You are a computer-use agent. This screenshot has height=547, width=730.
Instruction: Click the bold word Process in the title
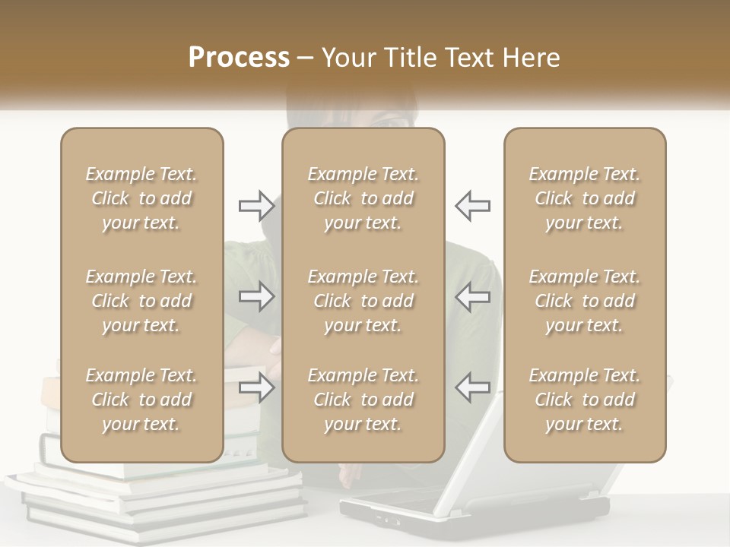click(239, 58)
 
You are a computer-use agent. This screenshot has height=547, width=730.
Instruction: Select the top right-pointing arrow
click(256, 205)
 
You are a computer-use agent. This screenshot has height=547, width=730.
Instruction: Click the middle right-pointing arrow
click(256, 296)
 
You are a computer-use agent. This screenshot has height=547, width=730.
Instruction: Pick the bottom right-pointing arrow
click(256, 388)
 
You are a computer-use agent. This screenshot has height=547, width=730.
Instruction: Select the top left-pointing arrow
click(472, 205)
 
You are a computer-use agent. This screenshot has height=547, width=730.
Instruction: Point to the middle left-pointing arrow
click(472, 296)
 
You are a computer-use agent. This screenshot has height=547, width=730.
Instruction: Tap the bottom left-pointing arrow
click(472, 388)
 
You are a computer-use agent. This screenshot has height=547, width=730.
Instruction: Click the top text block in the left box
click(141, 198)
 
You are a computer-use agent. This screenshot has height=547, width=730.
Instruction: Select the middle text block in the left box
click(141, 301)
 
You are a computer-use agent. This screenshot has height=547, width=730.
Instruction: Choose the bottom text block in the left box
click(141, 400)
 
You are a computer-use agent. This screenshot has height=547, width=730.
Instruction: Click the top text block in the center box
click(363, 198)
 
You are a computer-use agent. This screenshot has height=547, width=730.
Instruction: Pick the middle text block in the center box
click(363, 301)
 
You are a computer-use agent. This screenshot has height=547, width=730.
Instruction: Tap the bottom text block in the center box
click(363, 400)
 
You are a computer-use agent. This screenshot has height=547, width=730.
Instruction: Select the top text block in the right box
click(585, 198)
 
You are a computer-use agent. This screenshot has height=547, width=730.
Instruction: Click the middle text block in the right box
click(585, 301)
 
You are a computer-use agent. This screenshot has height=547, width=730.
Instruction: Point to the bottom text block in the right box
click(585, 400)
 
